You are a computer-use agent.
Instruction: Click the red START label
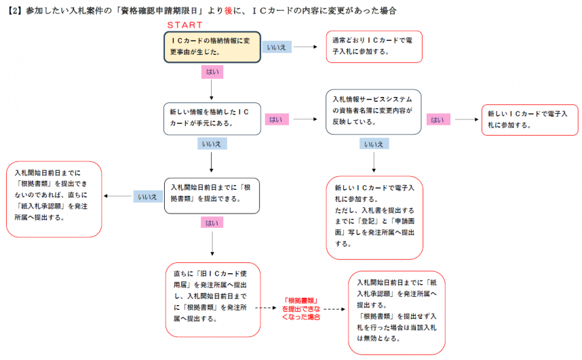[x=184, y=24]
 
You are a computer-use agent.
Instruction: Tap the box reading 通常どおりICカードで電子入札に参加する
[x=374, y=46]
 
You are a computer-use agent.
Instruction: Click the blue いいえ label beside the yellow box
[x=276, y=47]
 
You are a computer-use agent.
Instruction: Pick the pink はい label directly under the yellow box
[x=212, y=71]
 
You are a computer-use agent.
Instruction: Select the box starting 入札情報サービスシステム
[x=374, y=111]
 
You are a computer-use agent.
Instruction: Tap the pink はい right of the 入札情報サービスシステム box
[x=438, y=120]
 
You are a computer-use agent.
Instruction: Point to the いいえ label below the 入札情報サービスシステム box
[x=374, y=144]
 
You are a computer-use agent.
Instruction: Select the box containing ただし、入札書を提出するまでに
[x=374, y=217]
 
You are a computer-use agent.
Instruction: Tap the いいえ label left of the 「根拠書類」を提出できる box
[x=147, y=197]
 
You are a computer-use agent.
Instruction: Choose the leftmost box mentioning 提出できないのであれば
[x=54, y=199]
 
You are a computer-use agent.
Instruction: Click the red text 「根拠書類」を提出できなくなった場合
[x=301, y=308]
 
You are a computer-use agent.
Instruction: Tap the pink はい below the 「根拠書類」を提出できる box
[x=212, y=222]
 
